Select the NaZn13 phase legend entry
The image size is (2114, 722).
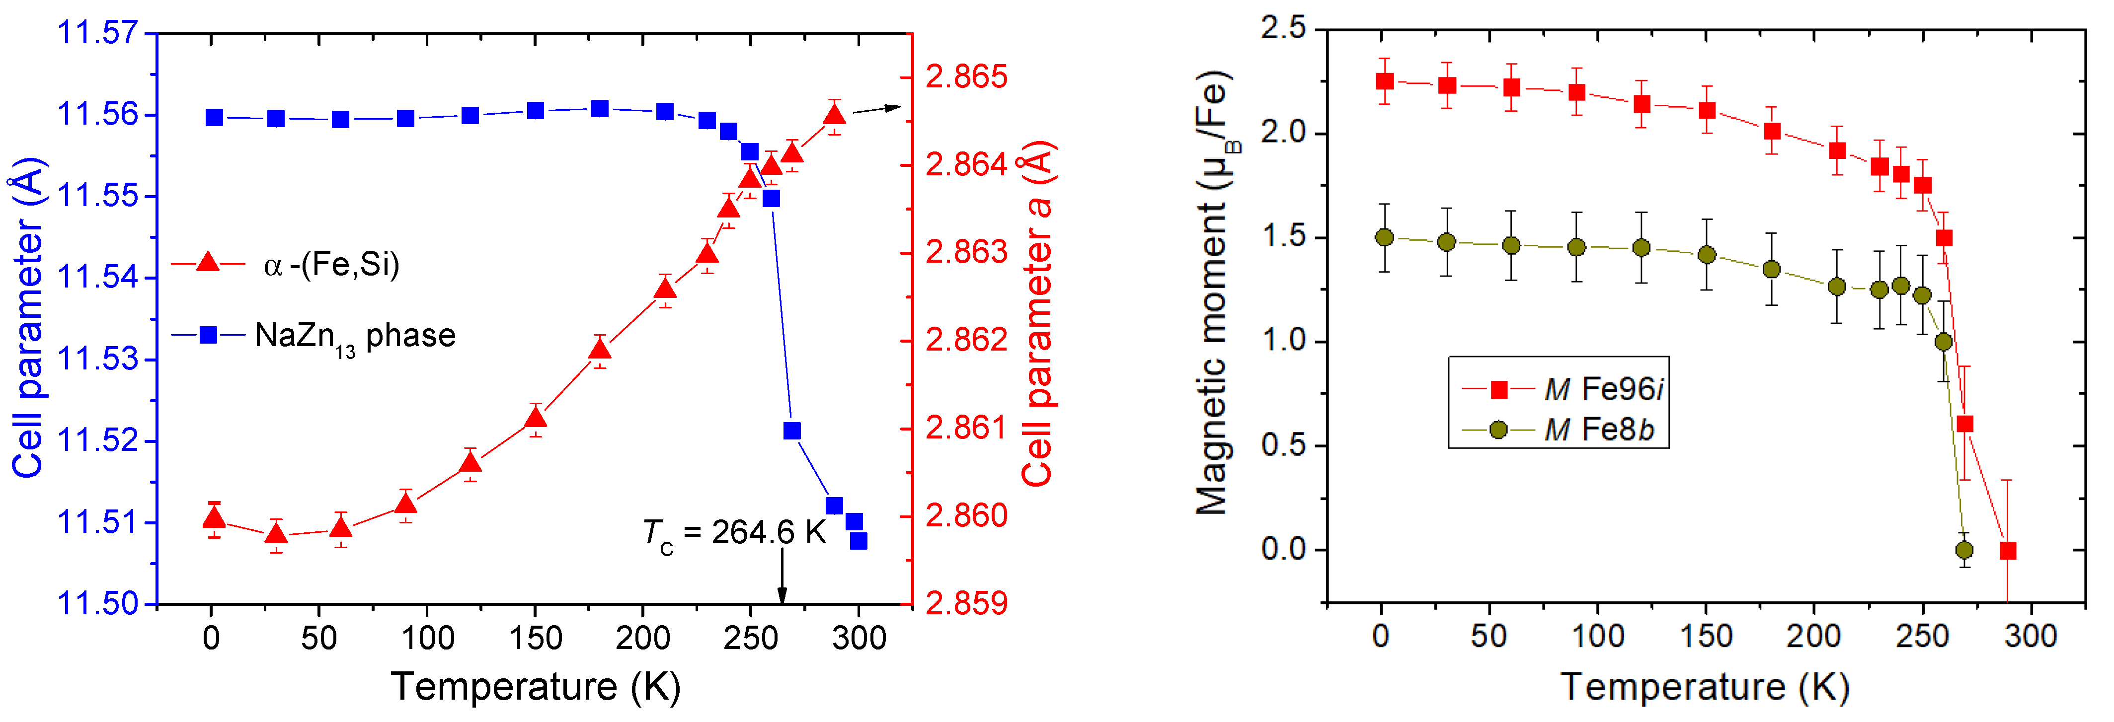coord(313,336)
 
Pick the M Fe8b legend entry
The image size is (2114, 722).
coord(1559,430)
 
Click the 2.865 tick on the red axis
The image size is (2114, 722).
coord(966,77)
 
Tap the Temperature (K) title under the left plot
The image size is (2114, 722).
coord(535,686)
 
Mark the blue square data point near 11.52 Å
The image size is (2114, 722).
coord(792,431)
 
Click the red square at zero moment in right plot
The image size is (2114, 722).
coord(2007,551)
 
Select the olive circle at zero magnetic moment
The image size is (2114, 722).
coord(1964,550)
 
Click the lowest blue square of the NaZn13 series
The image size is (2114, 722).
coord(859,541)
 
